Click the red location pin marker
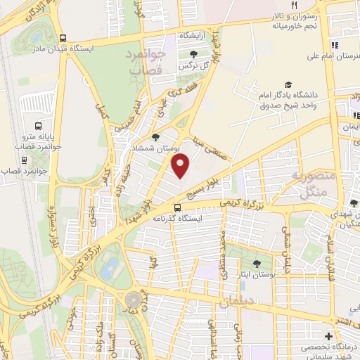[181, 166]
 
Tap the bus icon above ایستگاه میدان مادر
[64, 39]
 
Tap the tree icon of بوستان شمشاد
[155, 137]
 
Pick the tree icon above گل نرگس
[193, 53]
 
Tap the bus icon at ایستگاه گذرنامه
[177, 207]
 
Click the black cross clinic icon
[328, 336]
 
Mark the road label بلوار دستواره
[51, 224]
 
